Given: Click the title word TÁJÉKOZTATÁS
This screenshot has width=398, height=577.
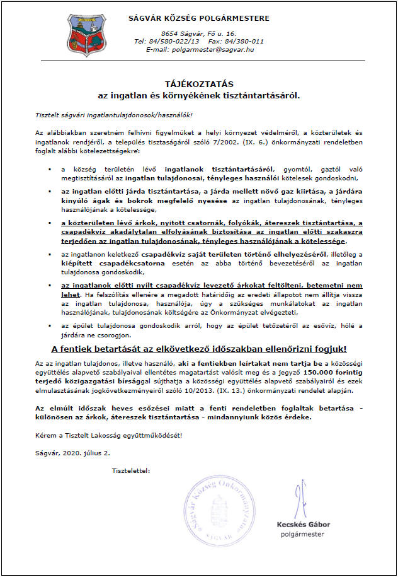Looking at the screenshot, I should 198,83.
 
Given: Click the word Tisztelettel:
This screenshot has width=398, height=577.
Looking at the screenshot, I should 131,470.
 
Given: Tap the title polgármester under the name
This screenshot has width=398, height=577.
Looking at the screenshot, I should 302,534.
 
